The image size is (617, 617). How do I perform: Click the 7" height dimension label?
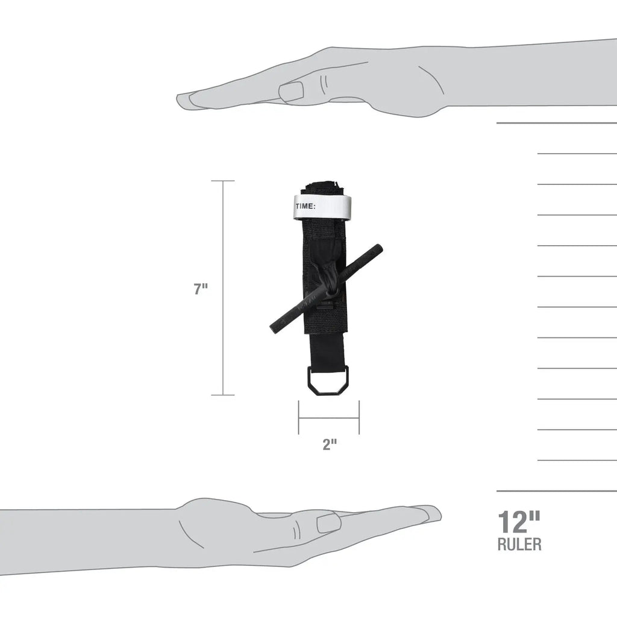point(200,289)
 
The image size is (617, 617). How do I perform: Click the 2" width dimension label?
point(330,444)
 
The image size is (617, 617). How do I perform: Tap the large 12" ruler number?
point(519,522)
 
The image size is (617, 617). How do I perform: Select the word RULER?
point(519,544)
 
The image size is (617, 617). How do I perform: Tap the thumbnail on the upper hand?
point(291,92)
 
